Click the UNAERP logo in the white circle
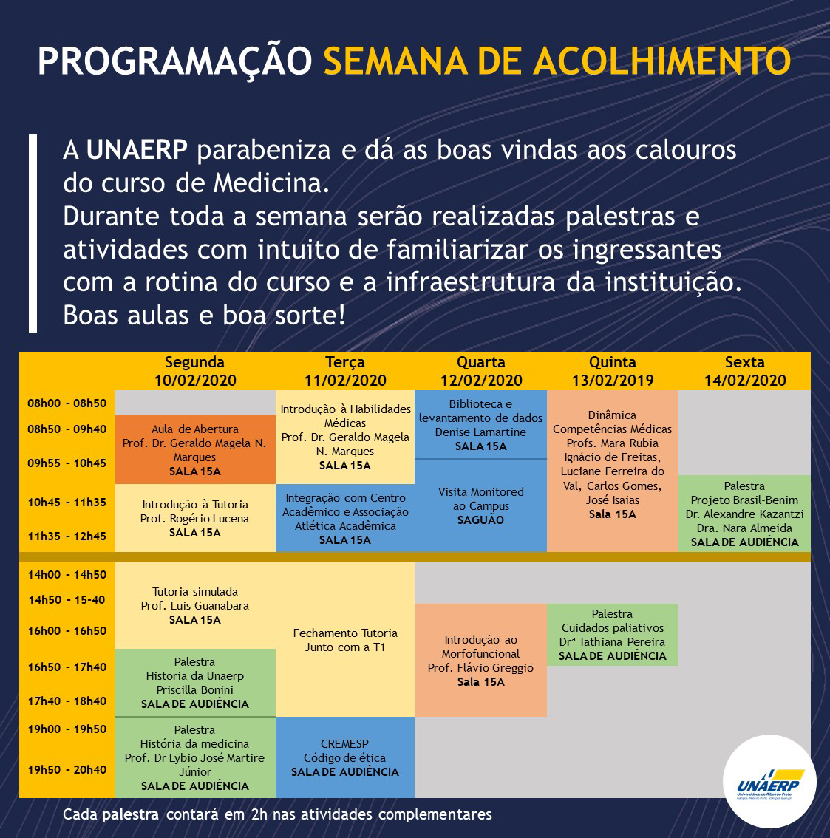[769, 784]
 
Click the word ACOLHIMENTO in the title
[661, 61]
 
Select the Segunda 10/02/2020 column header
[195, 371]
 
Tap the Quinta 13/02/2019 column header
[613, 371]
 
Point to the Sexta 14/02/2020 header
[744, 371]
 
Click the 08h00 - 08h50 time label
[67, 403]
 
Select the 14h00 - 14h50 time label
[67, 575]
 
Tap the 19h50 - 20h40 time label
[67, 770]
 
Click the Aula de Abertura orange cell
[195, 449]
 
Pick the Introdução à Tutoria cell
[195, 518]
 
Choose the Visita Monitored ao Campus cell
[480, 505]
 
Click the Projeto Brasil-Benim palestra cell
[744, 514]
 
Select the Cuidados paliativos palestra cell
[613, 634]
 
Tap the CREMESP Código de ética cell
[344, 757]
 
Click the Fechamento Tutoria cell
[344, 639]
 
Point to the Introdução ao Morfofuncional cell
[480, 660]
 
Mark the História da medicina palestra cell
[195, 757]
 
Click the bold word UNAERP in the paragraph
[137, 150]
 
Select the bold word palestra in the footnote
[130, 815]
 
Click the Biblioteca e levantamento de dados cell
[480, 424]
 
